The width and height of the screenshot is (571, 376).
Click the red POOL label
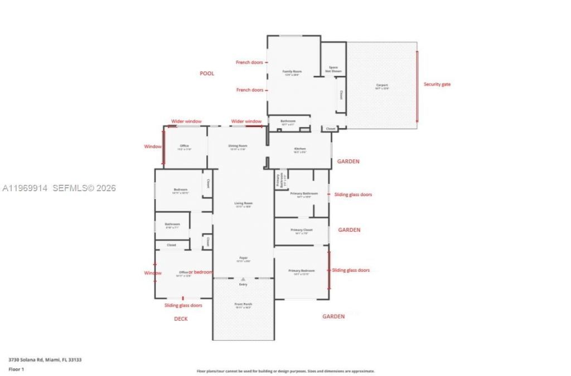point(207,74)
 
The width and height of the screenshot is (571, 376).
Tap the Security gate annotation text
point(437,84)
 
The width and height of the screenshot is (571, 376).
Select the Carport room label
point(381,86)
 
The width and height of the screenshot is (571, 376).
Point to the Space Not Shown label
point(333,69)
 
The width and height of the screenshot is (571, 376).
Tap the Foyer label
point(243,258)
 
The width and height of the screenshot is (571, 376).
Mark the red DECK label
point(181,319)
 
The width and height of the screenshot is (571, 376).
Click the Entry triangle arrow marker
point(243,279)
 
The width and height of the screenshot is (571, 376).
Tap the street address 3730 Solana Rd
point(45,360)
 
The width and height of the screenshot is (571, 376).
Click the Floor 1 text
point(16,369)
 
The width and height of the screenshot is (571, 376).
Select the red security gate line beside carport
point(417,86)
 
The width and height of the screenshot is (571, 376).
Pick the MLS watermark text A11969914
point(26,188)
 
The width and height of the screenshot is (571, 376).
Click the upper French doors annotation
point(249,62)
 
